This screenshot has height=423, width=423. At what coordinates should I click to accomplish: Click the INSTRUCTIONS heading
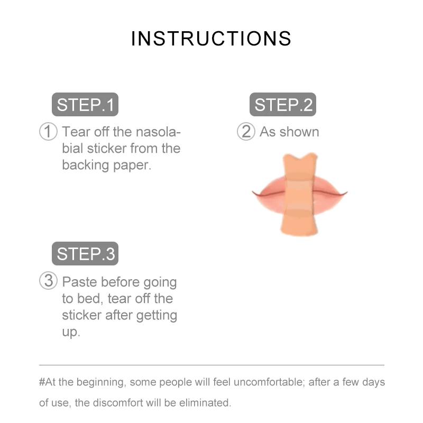211,39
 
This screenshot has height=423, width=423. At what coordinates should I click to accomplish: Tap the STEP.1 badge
85,105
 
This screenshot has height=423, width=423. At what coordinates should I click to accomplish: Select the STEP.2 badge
283,105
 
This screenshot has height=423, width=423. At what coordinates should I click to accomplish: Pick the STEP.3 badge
85,254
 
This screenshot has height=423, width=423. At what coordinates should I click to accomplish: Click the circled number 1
48,132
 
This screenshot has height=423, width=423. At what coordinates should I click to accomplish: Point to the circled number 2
246,132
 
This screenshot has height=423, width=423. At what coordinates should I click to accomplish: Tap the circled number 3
48,281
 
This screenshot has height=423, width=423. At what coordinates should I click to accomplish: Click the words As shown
289,132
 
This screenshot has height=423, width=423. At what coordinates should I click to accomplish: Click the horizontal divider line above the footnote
212,365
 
